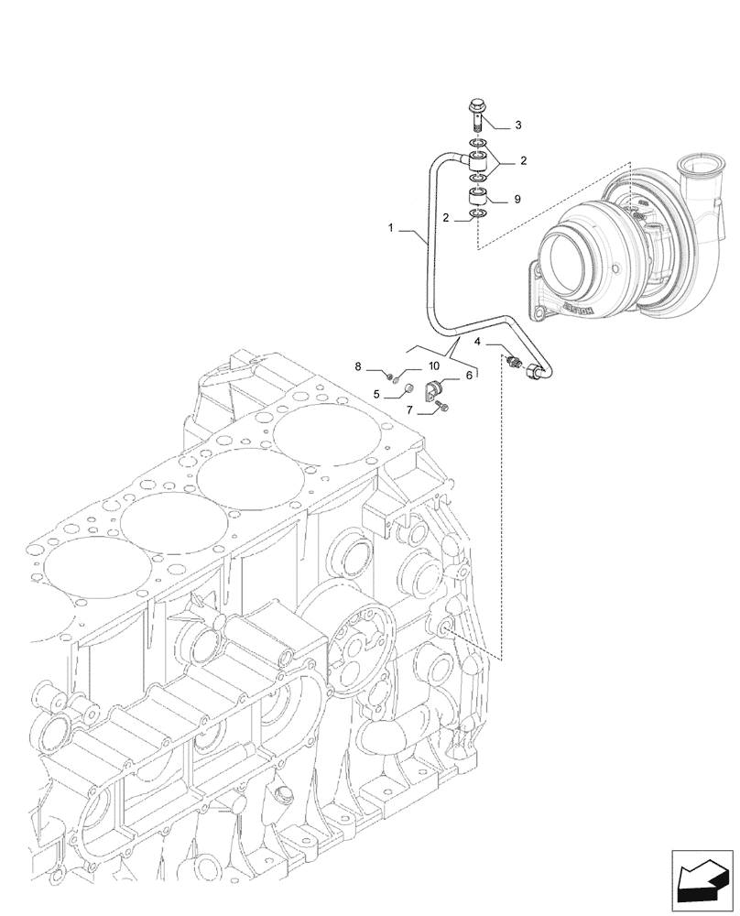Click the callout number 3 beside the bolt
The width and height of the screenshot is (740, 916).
[517, 125]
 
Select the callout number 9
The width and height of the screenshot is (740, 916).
[517, 199]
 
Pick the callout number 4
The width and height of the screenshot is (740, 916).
[478, 343]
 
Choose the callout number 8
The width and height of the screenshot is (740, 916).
[360, 367]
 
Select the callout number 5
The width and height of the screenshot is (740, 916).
[376, 395]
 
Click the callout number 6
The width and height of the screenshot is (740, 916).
[470, 375]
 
